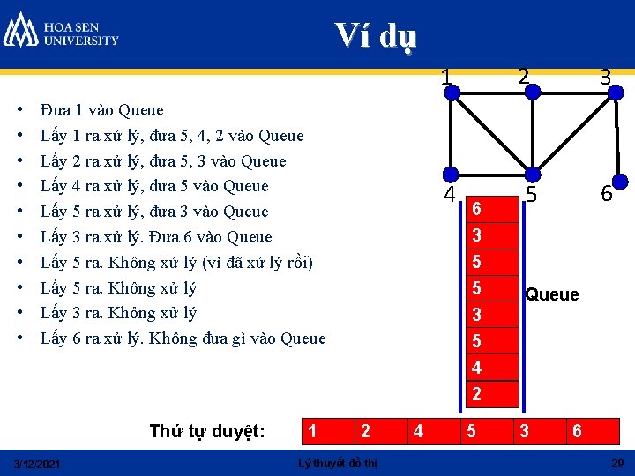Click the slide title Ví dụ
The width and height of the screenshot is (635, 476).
376,36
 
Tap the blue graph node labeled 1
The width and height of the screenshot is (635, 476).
451,92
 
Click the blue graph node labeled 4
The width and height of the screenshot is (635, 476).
451,174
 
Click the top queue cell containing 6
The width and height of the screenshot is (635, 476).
477,209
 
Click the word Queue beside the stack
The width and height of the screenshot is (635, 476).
552,294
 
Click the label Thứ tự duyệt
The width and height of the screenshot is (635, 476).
207,431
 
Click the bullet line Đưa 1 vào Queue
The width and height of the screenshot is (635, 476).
102,110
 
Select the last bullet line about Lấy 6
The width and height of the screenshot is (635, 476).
183,338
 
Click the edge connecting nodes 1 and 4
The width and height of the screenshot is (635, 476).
451,132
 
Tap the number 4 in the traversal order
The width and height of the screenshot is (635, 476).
418,431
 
